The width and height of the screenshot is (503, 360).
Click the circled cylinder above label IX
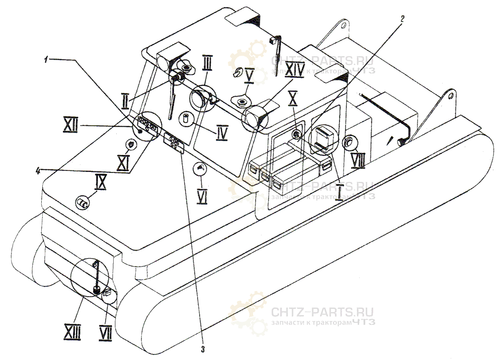pos(82,203)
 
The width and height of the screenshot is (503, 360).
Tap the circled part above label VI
pos(200,168)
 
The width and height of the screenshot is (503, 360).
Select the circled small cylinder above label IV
pos(187,119)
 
